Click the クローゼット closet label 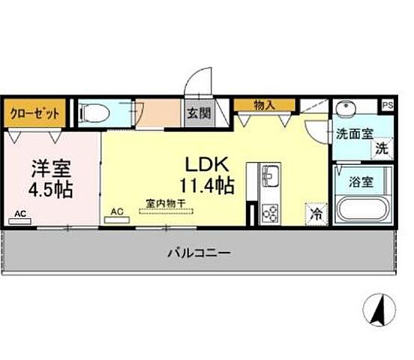point(34,114)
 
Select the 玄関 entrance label point(199,115)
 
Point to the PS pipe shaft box point(388,106)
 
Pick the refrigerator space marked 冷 point(316,213)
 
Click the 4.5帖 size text point(51,188)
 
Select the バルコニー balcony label point(198,253)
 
